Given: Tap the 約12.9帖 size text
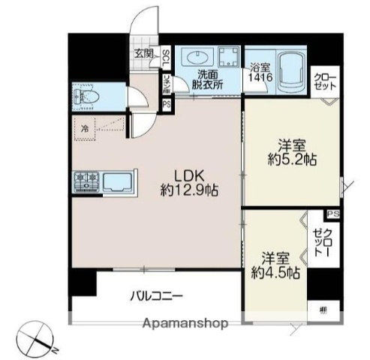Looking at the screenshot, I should coord(191,190).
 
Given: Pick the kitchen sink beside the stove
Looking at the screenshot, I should coord(117,182).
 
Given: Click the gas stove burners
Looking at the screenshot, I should coord(86,180).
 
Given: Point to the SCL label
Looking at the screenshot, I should coord(166,58).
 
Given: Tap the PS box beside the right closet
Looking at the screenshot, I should coord(333,214).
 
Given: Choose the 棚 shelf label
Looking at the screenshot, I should coord(322,309).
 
